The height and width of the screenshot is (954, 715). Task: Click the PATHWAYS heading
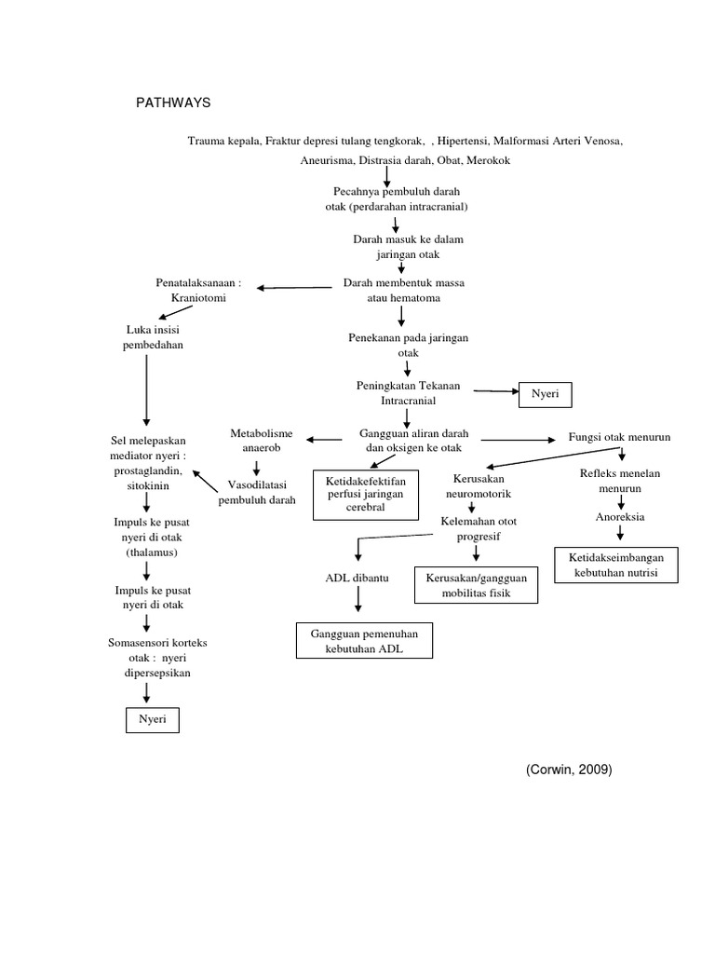(x=174, y=102)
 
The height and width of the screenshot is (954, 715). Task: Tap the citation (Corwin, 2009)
(x=570, y=769)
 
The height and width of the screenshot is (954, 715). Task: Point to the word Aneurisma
(x=329, y=160)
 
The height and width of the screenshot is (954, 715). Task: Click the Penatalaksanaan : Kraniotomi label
(x=197, y=290)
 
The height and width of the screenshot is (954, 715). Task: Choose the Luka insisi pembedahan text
(x=154, y=337)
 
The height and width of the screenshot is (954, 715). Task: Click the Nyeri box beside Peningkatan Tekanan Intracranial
(x=544, y=394)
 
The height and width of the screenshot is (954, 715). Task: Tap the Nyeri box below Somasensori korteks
(x=152, y=720)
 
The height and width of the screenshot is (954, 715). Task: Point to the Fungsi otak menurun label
(x=619, y=437)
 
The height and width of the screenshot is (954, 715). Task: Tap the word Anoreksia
(x=621, y=515)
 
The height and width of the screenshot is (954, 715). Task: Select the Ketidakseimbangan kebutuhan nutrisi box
(x=616, y=565)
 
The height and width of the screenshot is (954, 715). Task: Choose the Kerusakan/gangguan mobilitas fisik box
(x=476, y=585)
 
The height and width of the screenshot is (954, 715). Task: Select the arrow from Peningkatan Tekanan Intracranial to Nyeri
(x=495, y=392)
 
